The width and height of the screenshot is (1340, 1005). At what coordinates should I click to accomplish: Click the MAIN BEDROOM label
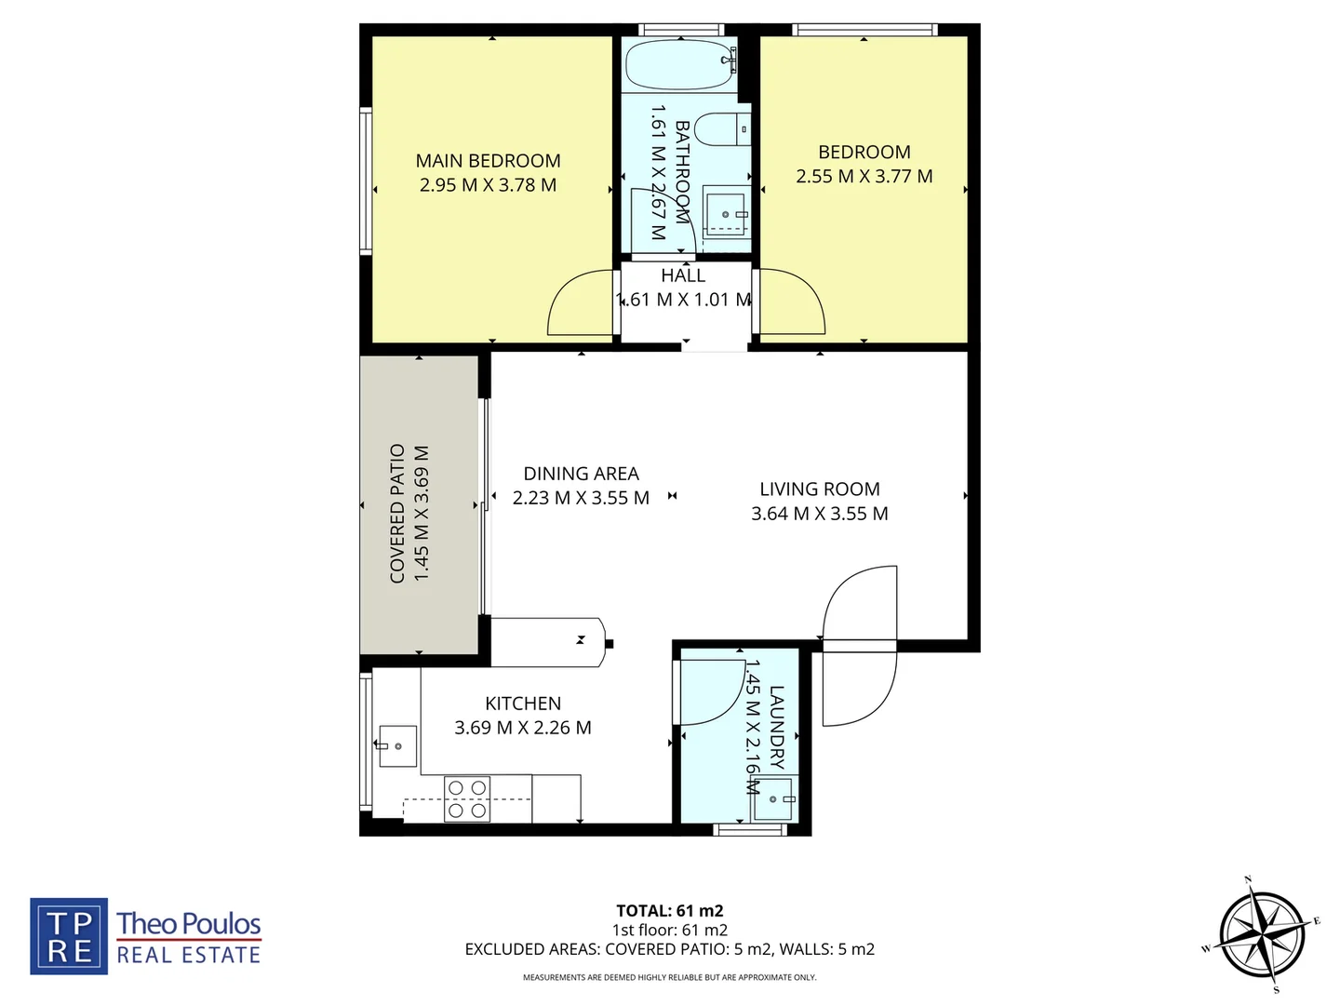tap(488, 161)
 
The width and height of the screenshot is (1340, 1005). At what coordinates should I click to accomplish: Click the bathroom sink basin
tap(725, 213)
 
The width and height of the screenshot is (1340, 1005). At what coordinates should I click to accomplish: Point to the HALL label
tap(683, 275)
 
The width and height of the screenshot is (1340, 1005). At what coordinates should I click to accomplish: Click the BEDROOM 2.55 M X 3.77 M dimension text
tap(864, 177)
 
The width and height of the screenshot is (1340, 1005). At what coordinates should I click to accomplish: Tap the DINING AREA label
tap(581, 474)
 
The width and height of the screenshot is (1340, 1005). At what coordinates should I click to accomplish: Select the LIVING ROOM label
tap(819, 489)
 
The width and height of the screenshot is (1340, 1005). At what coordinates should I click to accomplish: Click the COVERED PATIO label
tap(398, 514)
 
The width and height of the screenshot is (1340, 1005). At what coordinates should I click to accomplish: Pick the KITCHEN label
tap(523, 704)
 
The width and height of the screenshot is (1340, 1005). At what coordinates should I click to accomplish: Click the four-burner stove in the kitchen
tap(467, 799)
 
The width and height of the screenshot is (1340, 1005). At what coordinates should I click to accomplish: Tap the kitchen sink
tap(398, 746)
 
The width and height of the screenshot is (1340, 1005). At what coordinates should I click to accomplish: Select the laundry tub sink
tap(773, 798)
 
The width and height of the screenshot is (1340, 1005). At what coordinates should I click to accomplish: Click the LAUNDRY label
tap(776, 728)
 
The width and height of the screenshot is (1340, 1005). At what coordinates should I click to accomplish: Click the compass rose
tap(1262, 934)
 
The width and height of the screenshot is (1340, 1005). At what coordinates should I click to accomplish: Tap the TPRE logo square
tap(69, 936)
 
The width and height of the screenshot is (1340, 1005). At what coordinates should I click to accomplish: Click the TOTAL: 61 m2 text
tap(670, 911)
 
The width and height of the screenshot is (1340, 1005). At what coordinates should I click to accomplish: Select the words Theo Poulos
tap(189, 924)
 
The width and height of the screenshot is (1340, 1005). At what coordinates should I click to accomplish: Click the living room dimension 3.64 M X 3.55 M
tap(819, 514)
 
